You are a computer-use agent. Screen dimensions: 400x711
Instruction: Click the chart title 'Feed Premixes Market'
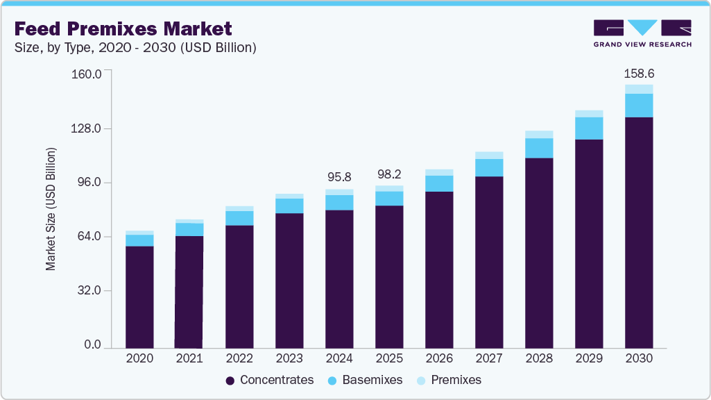tap(123, 29)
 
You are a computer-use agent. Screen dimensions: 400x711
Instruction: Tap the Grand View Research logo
tap(642, 33)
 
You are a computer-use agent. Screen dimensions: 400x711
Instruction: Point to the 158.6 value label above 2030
tap(639, 73)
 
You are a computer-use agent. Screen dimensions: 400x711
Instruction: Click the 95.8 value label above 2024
tap(339, 176)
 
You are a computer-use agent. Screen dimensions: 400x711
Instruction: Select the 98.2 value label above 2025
tap(389, 174)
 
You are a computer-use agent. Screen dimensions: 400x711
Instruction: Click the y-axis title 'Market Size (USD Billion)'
tap(51, 208)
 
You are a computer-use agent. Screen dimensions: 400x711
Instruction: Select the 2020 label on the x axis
tap(139, 358)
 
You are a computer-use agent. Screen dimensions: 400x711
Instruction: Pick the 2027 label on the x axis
tap(489, 358)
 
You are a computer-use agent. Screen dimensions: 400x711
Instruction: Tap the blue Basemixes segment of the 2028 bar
tap(539, 148)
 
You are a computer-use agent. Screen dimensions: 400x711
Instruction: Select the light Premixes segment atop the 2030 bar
tap(639, 89)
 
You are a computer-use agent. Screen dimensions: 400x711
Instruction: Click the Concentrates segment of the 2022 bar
tap(239, 286)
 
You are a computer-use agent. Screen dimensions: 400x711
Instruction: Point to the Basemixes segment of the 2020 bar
tap(139, 240)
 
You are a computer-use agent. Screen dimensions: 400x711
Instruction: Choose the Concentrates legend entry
tap(270, 381)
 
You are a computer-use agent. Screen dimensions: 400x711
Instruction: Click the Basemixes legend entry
tap(366, 381)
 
